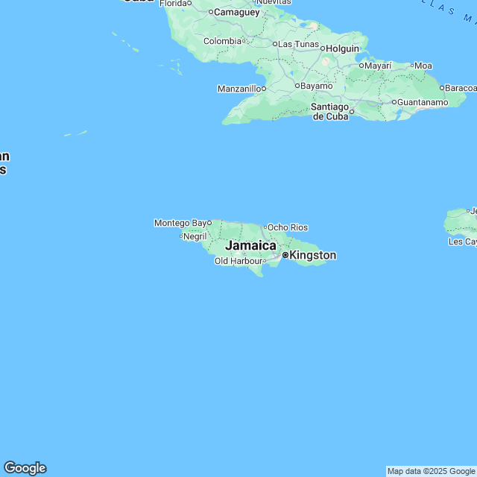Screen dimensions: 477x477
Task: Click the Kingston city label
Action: coord(312,256)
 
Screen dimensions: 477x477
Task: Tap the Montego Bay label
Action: coord(180,223)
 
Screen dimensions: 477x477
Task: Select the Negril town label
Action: coord(195,236)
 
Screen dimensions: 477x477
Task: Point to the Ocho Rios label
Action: coord(288,227)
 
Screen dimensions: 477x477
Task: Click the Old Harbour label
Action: coord(238,261)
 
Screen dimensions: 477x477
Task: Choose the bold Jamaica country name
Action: coord(250,245)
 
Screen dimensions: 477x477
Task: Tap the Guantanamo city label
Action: coord(422,102)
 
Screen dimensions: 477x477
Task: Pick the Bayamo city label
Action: coord(316,86)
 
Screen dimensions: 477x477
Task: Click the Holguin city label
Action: coord(343,48)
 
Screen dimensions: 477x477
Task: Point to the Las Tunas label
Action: coord(298,44)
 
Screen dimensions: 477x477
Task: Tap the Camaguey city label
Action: coord(236,12)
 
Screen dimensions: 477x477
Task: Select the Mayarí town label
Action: coord(379,66)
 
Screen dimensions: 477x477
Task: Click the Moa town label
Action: coord(423,66)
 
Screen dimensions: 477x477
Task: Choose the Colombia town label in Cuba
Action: coord(222,41)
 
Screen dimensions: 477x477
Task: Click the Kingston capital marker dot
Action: coord(285,256)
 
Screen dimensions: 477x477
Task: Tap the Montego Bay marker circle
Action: coord(209,222)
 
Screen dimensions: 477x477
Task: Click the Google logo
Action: coord(25,468)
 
